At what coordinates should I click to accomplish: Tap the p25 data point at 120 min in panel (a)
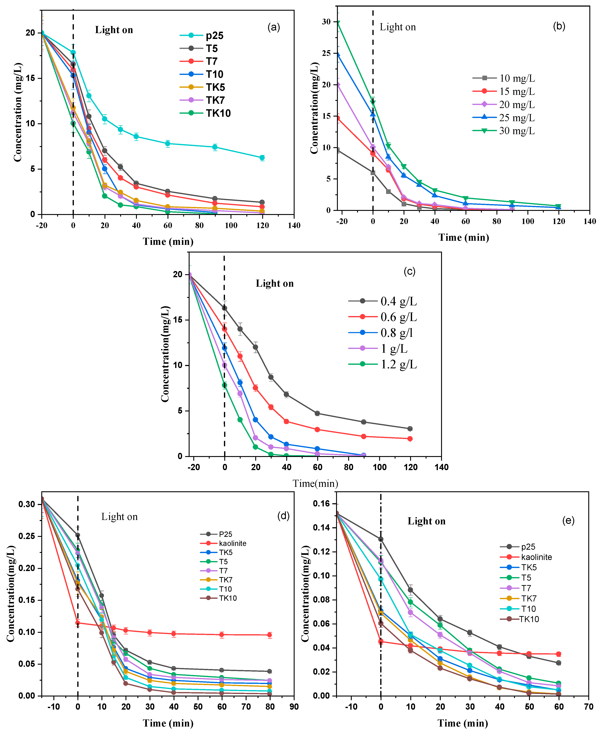click(262, 158)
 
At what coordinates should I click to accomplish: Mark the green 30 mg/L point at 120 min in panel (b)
click(558, 206)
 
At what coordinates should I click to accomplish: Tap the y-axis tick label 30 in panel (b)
click(326, 22)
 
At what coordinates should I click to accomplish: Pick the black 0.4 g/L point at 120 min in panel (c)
click(410, 429)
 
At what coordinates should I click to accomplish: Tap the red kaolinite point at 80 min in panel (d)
click(270, 635)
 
